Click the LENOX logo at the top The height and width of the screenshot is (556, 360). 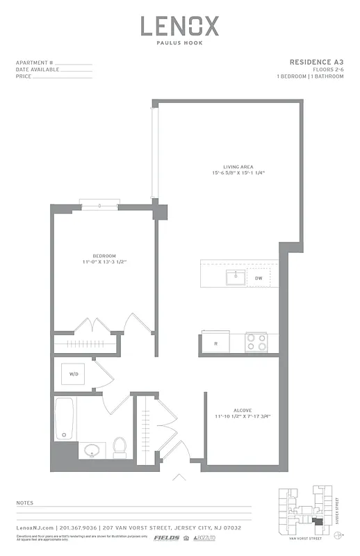180,27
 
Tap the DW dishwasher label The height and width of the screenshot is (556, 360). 259,278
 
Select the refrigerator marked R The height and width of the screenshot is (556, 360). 216,343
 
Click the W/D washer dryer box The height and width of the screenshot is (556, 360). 73,375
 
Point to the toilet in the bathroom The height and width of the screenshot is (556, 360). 119,447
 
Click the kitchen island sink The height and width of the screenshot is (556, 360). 235,278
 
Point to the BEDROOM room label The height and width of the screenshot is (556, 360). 104,256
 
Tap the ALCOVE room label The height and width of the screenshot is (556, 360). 243,410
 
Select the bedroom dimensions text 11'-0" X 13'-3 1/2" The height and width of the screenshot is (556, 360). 104,263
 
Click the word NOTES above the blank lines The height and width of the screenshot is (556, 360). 24,502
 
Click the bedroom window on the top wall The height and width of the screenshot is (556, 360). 100,206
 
